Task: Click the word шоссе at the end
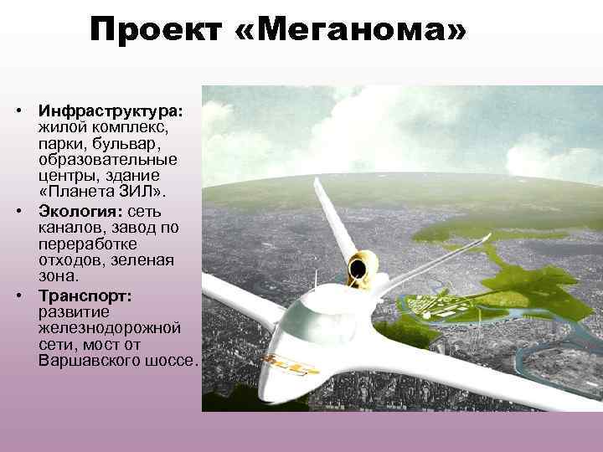pos(171,362)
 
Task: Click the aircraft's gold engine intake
pos(362,266)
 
